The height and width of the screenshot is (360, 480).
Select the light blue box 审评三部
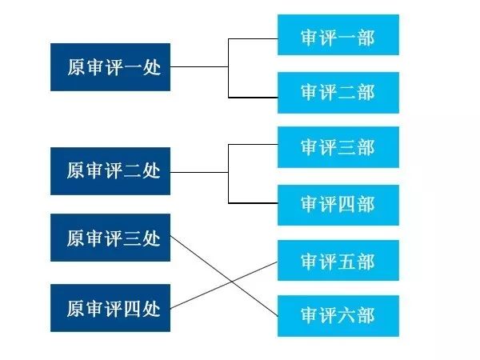point(338,147)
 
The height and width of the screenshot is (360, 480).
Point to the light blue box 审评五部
point(338,261)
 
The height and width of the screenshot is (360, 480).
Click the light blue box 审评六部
point(338,313)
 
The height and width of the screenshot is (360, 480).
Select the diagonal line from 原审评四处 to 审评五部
point(200,294)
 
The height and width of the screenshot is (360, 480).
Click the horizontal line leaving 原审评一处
point(200,67)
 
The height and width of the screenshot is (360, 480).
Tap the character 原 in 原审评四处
point(75,308)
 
